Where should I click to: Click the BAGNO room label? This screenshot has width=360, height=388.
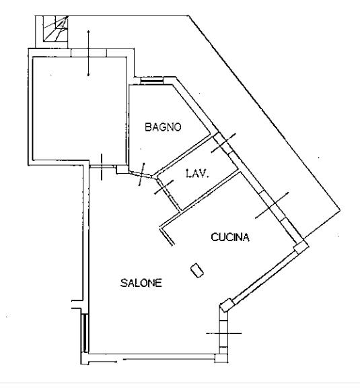(x=163, y=127)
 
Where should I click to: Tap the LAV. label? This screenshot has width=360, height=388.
(x=197, y=174)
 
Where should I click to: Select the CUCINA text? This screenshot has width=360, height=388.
(x=230, y=237)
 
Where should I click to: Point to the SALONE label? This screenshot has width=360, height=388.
(x=141, y=283)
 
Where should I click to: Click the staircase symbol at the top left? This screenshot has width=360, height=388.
(x=55, y=28)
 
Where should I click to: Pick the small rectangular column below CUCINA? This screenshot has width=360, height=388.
(x=197, y=271)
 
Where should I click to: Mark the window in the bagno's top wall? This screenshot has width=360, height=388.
(x=152, y=80)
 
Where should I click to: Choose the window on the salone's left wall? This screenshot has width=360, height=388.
(x=85, y=333)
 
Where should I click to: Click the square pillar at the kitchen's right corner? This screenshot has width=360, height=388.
(x=301, y=247)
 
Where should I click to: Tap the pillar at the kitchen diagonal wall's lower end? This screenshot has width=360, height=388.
(x=227, y=305)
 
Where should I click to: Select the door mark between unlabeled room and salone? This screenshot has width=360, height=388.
(x=102, y=167)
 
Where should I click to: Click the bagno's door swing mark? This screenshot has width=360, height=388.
(x=142, y=174)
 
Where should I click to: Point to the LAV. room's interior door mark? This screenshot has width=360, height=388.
(x=164, y=187)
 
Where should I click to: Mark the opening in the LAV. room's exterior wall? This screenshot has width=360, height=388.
(x=223, y=143)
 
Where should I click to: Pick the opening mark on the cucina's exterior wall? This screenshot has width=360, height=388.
(x=272, y=205)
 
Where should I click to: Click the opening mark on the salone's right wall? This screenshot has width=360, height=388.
(x=224, y=333)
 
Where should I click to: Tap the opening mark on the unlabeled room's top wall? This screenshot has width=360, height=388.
(x=89, y=53)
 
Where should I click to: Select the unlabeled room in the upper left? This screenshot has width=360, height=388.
(x=79, y=108)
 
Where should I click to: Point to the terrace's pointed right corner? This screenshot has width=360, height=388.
(x=340, y=210)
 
